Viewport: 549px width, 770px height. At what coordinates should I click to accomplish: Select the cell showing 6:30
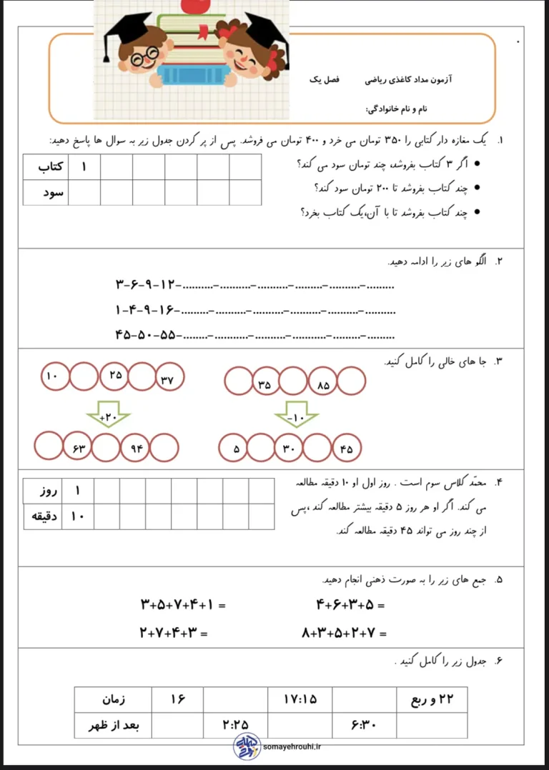point(364,725)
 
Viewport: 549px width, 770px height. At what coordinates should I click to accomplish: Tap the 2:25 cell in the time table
point(235,725)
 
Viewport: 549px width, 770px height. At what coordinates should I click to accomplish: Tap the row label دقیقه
point(43,516)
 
